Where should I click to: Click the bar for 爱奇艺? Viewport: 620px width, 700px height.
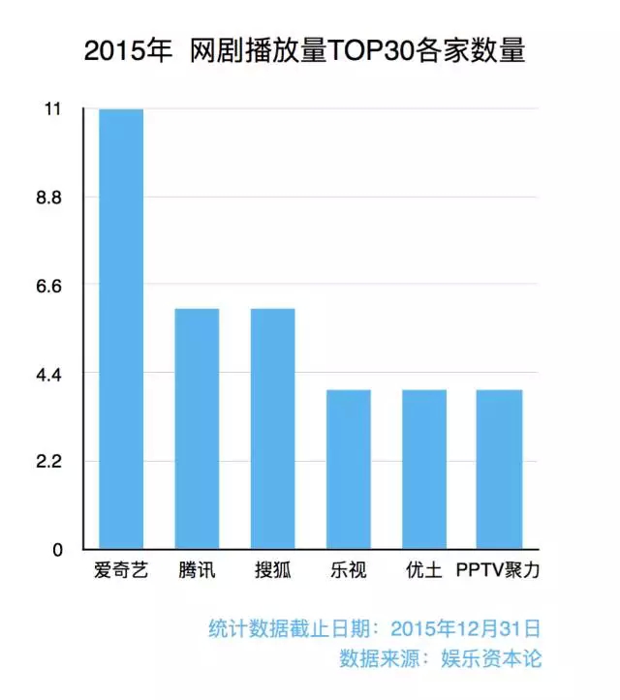pyautogui.click(x=121, y=329)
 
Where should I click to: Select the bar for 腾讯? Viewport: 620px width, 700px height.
pyautogui.click(x=197, y=429)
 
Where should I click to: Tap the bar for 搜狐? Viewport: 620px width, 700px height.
pyautogui.click(x=272, y=429)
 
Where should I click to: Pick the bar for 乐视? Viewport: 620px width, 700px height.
pyautogui.click(x=348, y=470)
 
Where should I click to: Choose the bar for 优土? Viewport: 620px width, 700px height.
pyautogui.click(x=424, y=470)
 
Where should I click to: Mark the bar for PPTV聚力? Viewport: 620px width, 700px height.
pyautogui.click(x=500, y=470)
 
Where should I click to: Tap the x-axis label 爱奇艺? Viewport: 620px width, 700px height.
pyautogui.click(x=121, y=570)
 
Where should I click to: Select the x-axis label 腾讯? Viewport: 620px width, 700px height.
pyautogui.click(x=197, y=570)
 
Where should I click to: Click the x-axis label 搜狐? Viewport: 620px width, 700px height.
pyautogui.click(x=272, y=570)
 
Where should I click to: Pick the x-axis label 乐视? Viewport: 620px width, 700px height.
pyautogui.click(x=348, y=570)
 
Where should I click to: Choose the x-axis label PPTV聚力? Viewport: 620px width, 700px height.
pyautogui.click(x=498, y=570)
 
